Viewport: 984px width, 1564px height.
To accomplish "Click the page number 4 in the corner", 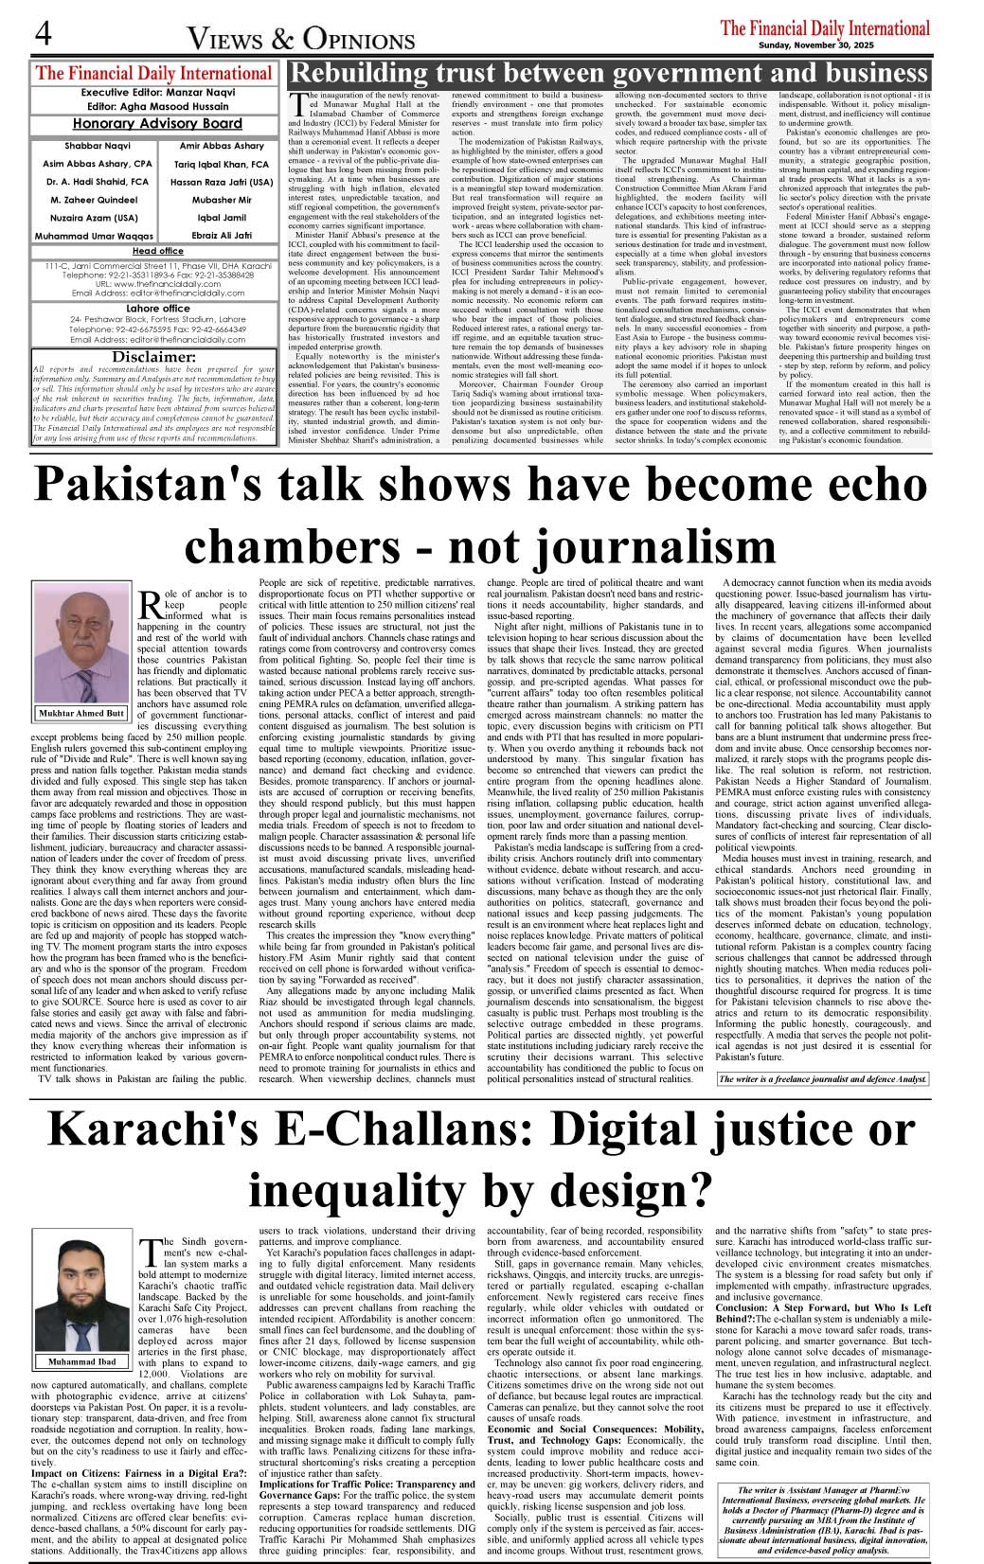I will pos(43,33).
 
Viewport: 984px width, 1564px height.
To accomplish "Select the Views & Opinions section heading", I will pos(301,40).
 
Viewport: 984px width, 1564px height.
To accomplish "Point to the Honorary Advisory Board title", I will pos(157,124).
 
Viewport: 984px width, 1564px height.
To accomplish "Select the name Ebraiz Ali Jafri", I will pos(222,235).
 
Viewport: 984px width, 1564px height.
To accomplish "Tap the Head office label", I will pos(158,251).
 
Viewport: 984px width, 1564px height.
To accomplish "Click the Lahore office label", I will pos(158,309).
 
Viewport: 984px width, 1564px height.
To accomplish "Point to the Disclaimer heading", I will pos(154,357).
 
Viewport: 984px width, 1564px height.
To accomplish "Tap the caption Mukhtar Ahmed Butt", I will pos(81,713).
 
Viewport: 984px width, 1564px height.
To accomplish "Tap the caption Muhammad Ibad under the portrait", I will pos(81,1361).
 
